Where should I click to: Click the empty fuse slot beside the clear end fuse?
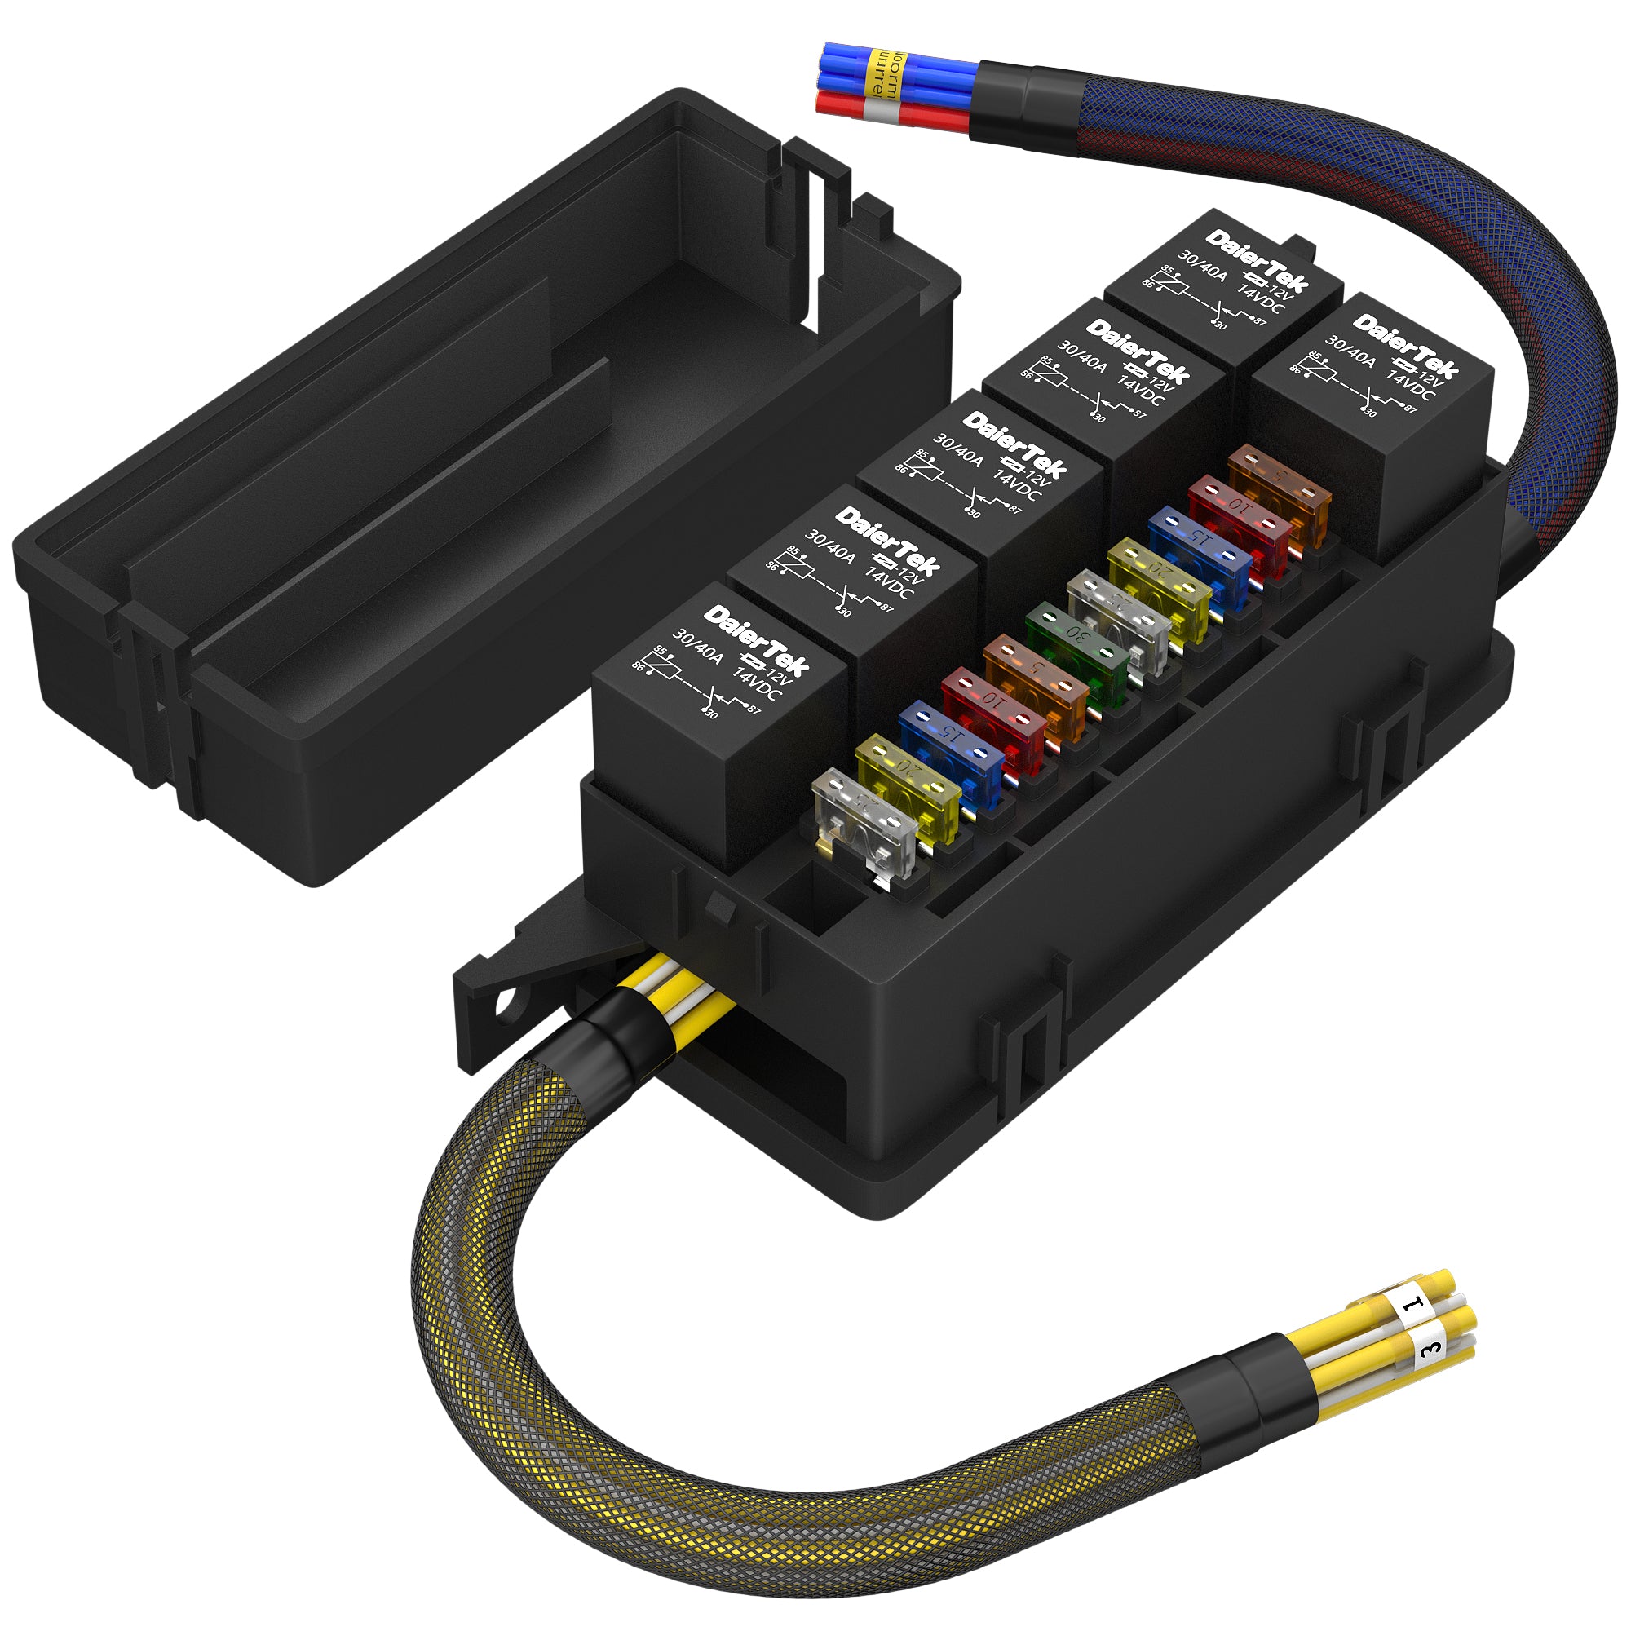click(811, 904)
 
